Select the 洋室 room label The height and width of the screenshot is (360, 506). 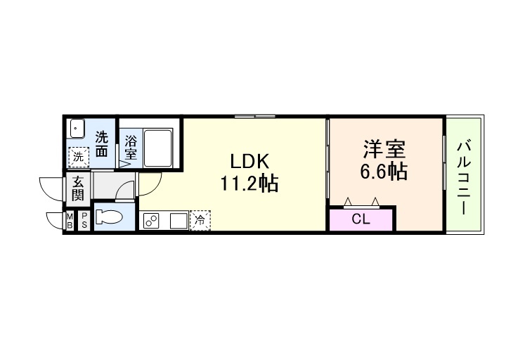tap(384, 150)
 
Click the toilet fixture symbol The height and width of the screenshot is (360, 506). tap(110, 217)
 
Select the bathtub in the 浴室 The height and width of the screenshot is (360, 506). tap(158, 148)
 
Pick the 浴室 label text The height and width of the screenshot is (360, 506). tap(131, 146)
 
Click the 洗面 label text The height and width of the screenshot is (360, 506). tap(102, 143)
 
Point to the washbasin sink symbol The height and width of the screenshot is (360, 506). tap(76, 129)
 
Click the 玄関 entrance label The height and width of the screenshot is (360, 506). tap(77, 188)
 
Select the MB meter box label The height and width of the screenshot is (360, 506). tap(70, 221)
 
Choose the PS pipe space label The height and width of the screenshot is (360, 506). tap(84, 221)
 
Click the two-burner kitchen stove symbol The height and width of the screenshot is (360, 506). tap(152, 221)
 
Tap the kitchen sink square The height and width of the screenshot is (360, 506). tap(177, 221)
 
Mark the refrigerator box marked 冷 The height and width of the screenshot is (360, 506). tap(200, 221)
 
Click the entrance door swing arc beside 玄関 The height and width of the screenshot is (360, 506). tap(51, 187)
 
